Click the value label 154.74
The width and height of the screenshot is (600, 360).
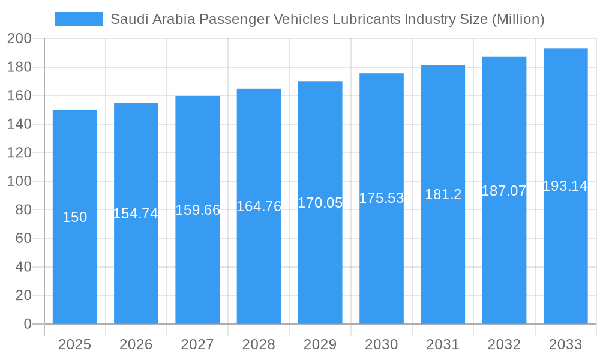pos(136,214)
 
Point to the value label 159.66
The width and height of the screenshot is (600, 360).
pos(197,210)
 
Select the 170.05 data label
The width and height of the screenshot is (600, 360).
pos(320,203)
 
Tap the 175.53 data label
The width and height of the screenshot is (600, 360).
pos(382,198)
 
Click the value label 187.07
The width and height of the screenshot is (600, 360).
pos(504,191)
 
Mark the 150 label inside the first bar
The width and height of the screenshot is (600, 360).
pos(74,217)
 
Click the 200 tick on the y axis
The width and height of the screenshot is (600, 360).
pos(19,39)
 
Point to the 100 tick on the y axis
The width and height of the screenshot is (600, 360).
pos(19,181)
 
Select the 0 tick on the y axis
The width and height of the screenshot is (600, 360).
pos(27,324)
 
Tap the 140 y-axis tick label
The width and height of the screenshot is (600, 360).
pos(19,124)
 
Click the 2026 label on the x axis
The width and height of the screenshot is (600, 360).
pos(136,344)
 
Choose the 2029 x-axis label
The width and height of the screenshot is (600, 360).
pos(320,344)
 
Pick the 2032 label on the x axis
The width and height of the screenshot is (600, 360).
pos(504,344)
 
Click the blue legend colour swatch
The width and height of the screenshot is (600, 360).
pos(79,19)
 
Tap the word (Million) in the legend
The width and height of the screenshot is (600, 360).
pos(518,19)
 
